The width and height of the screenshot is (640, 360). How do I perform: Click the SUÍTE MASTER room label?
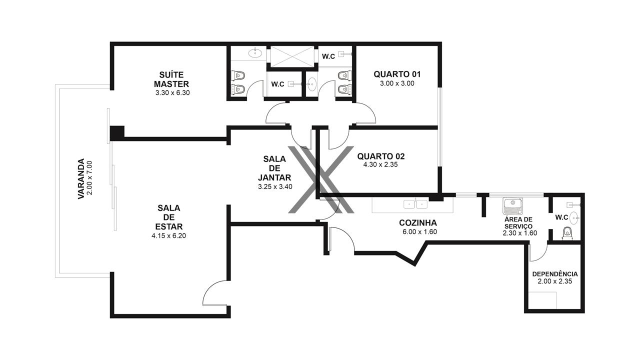click(171, 79)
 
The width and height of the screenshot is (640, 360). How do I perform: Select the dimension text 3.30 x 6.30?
click(172, 93)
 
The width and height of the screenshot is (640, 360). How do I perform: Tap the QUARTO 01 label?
click(397, 74)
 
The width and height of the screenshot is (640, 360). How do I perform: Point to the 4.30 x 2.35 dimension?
click(380, 164)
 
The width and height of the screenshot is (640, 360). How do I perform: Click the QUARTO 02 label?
click(381, 156)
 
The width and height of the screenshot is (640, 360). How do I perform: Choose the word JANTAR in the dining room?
click(274, 177)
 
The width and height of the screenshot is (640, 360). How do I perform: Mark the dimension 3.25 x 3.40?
click(275, 187)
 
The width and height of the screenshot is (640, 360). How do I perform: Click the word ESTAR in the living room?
click(169, 226)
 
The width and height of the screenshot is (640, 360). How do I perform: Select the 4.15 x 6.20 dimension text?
click(169, 235)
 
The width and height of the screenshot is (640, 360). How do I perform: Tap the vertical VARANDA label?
click(81, 178)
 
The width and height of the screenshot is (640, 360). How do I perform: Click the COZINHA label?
click(418, 223)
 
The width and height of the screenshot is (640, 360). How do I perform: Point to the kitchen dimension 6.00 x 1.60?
click(419, 231)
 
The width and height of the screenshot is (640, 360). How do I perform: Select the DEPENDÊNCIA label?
click(555, 274)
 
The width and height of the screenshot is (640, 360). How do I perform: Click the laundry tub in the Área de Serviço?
click(513, 206)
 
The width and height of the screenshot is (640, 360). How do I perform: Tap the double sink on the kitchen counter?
click(415, 204)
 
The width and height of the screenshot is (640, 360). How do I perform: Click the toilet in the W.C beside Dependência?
click(567, 233)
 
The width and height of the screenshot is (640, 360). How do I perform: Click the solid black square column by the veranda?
click(117, 133)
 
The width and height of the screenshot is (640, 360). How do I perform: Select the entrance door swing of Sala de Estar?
click(215, 293)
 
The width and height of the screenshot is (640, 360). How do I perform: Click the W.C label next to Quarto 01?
click(328, 56)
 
